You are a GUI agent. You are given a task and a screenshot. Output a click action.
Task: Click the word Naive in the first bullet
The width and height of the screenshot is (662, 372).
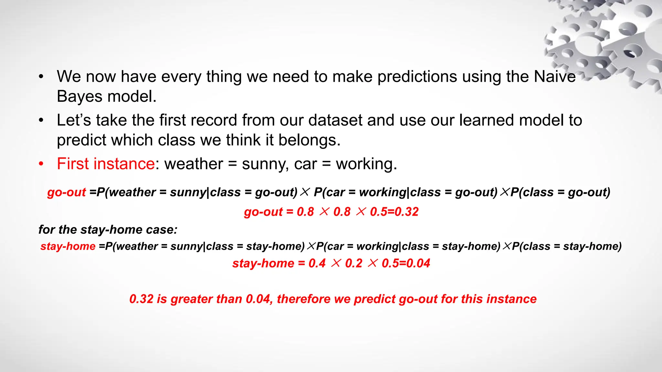click(554, 77)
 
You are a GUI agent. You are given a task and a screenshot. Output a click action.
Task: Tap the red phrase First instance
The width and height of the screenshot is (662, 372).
click(106, 164)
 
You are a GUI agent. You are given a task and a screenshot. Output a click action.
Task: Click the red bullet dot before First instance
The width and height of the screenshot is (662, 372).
click(41, 164)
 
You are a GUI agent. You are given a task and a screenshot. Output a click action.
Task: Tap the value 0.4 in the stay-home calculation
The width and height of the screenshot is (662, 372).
click(317, 263)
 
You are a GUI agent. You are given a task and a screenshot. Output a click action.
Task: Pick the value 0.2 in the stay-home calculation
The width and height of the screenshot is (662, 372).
click(354, 263)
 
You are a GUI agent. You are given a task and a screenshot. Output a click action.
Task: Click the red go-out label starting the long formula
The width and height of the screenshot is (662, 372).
click(66, 192)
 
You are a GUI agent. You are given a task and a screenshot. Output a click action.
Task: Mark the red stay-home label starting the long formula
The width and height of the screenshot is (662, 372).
click(68, 246)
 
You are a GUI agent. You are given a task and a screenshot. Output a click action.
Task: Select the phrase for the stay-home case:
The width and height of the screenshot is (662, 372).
click(108, 230)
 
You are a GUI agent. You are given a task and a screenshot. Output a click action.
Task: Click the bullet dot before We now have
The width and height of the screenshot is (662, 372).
click(41, 77)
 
